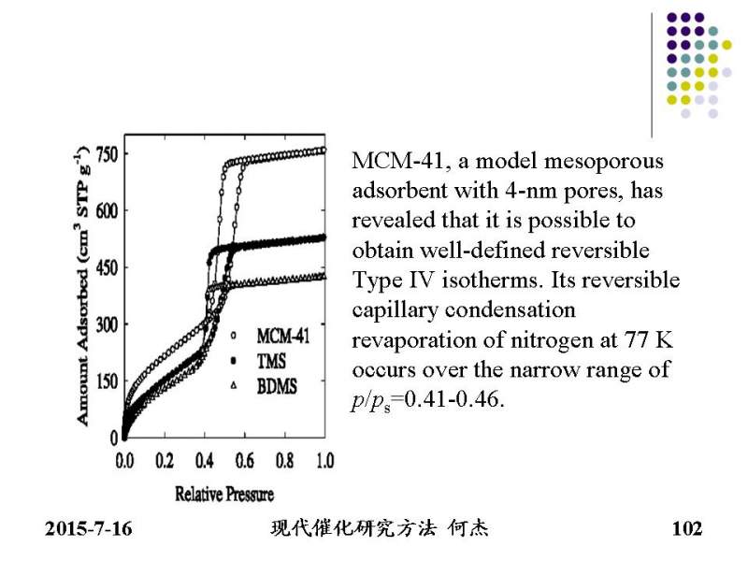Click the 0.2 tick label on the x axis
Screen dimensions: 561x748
pyautogui.click(x=165, y=461)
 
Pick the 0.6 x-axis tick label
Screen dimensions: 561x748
pyautogui.click(x=246, y=461)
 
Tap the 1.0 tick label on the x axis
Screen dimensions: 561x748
pyautogui.click(x=325, y=461)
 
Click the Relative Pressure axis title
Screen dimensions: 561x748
pyautogui.click(x=224, y=493)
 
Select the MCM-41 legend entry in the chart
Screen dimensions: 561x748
pyautogui.click(x=282, y=334)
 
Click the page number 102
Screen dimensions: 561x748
pyautogui.click(x=687, y=530)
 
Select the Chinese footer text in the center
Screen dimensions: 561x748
pyautogui.click(x=379, y=529)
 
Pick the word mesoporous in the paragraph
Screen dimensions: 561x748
pyautogui.click(x=611, y=161)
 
